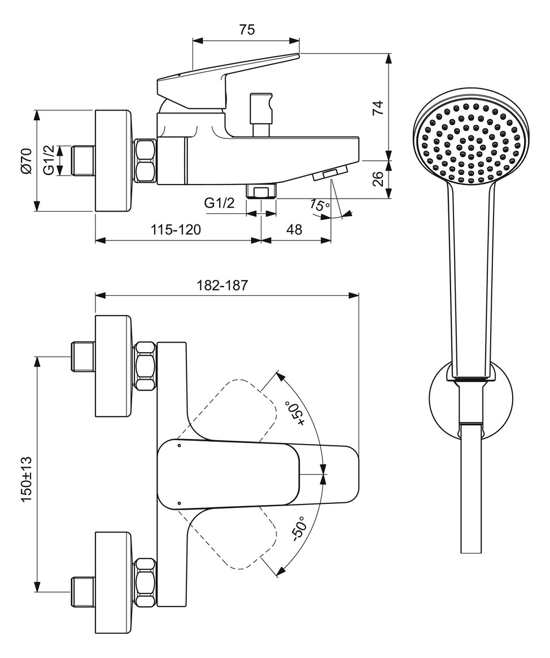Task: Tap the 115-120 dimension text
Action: [176, 230]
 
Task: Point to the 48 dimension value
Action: [294, 230]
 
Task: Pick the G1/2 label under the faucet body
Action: [219, 204]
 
